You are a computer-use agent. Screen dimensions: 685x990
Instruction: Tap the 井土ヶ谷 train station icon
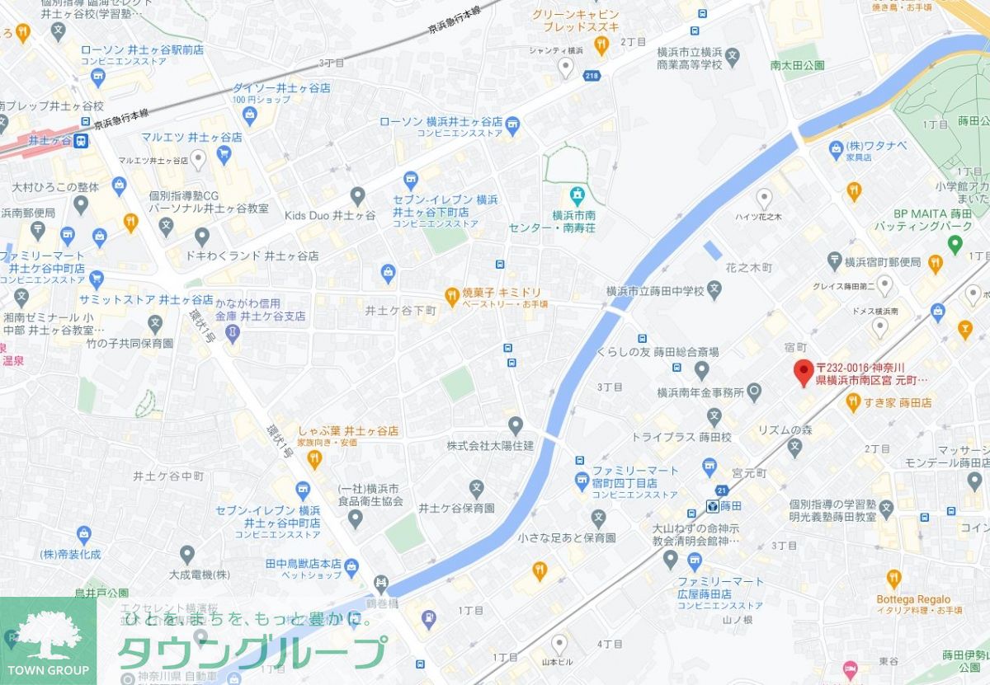coord(81,142)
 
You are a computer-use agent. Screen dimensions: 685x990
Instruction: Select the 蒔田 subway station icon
coord(711,505)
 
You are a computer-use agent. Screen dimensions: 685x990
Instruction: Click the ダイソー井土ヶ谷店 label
coord(281,87)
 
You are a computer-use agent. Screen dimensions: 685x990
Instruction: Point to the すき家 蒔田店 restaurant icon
coord(854,402)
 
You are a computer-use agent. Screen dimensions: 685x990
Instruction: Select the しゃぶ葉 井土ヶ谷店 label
coord(348,431)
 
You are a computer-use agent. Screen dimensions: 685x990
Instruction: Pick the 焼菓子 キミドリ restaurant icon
coord(451,294)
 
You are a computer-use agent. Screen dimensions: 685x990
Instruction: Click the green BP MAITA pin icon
coord(955,243)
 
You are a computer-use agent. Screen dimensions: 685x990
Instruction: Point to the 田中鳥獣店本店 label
coord(303,563)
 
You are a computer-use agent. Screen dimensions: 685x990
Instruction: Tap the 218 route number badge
coord(592,76)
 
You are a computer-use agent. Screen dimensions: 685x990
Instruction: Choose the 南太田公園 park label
coord(797,64)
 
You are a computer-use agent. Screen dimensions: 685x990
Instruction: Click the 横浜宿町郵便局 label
coord(882,262)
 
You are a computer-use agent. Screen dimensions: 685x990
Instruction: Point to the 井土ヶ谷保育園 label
coord(456,508)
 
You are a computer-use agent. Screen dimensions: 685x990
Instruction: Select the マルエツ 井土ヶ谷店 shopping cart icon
coord(224,154)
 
